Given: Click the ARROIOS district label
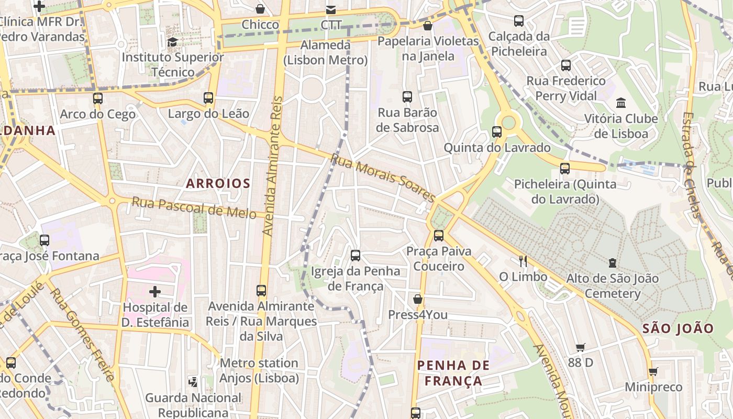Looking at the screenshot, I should point(218,183).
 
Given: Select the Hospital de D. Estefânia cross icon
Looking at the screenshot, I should point(155,292).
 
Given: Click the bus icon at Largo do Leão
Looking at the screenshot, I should point(208,97).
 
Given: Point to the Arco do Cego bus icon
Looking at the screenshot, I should point(97,98).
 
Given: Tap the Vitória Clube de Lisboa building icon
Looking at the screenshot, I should point(621,102).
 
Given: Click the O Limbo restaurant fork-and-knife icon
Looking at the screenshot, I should point(522,260).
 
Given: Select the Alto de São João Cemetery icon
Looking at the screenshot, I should point(612,262).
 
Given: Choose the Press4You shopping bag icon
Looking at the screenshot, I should point(417,299).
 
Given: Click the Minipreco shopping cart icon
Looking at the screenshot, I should point(653,371).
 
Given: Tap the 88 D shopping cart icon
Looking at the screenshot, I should point(580,347).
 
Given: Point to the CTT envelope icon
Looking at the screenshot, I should point(330,9).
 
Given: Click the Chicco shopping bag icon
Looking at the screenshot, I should point(260,9).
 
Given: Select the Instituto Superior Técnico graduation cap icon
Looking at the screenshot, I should point(172,41).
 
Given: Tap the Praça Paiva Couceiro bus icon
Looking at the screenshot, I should point(439,235).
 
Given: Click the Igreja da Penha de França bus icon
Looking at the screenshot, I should point(356,255).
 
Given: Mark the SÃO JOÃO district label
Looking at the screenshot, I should point(678,328).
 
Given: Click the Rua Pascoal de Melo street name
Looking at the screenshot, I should point(194,207).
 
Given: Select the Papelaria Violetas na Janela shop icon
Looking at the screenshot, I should point(428,25).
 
